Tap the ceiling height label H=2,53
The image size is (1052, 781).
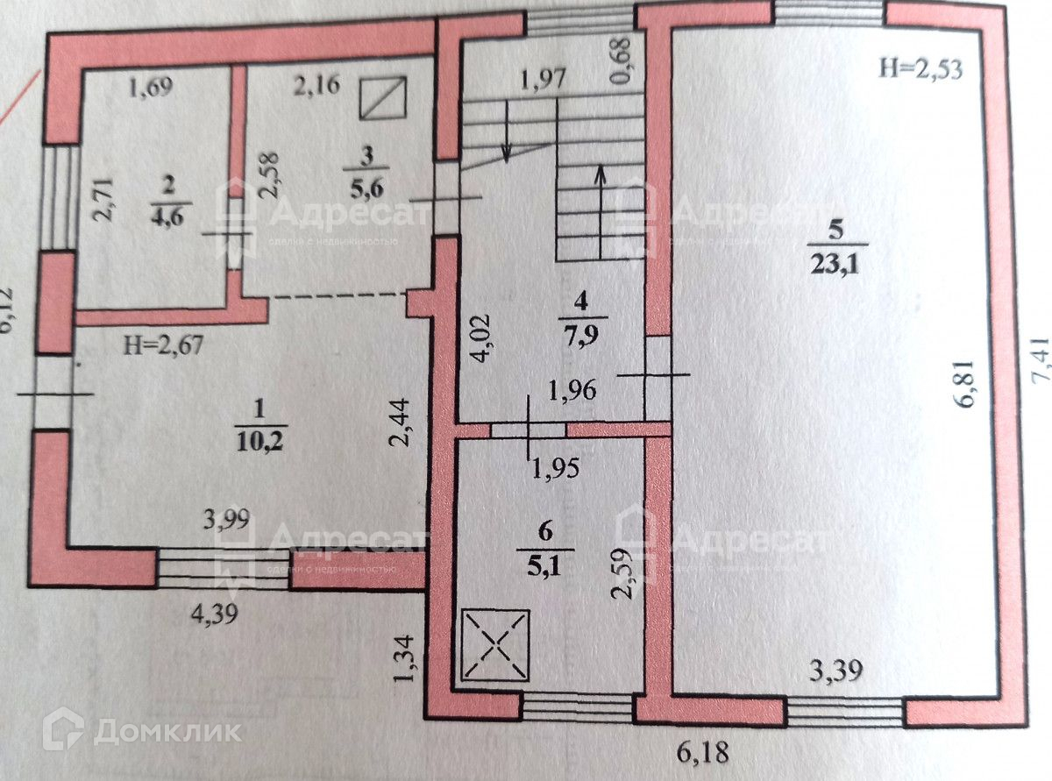coord(920,69)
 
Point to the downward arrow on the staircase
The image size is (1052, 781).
coord(508,131)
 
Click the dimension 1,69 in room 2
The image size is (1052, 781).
coord(152,88)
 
